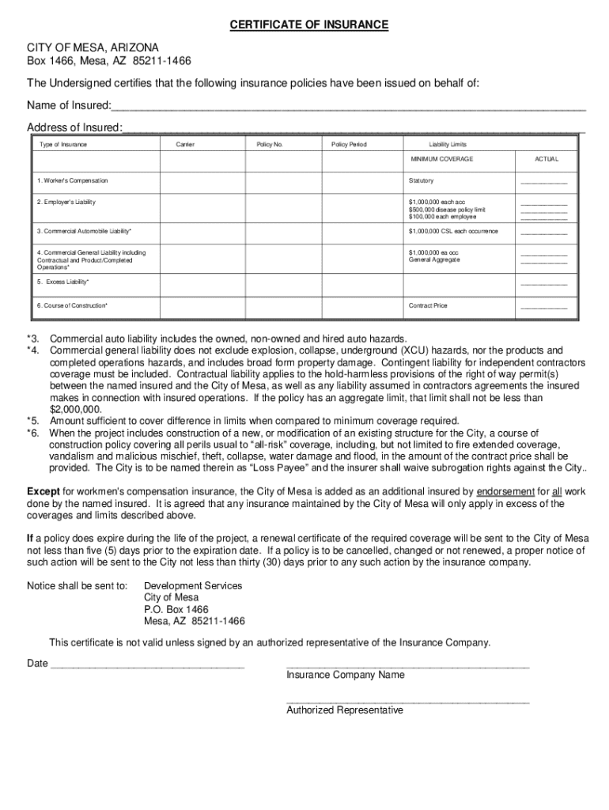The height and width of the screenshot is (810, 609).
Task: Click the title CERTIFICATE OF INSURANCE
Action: (x=308, y=25)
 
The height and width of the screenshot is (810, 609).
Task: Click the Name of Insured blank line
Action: (x=348, y=107)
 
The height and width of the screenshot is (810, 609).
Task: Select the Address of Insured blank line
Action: (x=354, y=127)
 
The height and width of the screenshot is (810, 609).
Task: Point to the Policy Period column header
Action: (x=349, y=145)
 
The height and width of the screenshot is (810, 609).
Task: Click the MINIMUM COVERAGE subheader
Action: (x=441, y=159)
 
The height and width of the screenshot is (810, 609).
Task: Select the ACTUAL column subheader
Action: (x=546, y=159)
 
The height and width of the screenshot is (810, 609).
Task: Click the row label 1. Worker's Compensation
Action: (x=72, y=181)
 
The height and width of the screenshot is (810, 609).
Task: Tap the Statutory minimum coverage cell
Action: (x=421, y=181)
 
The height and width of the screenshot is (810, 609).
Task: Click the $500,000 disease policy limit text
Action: (x=447, y=210)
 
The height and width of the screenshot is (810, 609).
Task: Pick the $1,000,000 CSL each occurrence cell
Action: (x=453, y=231)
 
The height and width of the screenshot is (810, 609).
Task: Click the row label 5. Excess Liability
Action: (x=63, y=282)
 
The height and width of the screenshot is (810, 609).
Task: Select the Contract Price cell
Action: (x=428, y=305)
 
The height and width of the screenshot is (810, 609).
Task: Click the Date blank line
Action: (x=147, y=664)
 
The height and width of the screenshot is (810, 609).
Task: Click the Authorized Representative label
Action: (x=344, y=710)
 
